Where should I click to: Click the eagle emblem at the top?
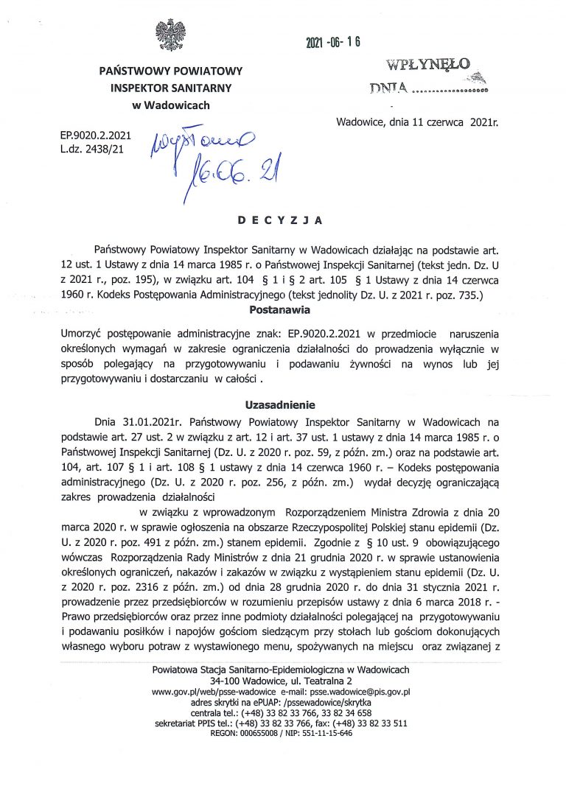tap(170, 35)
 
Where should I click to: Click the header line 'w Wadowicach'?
tap(170, 105)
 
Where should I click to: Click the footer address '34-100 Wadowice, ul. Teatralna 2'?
tap(280, 681)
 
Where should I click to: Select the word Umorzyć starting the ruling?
tap(85, 334)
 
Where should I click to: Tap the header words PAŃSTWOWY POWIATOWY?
tap(170, 71)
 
